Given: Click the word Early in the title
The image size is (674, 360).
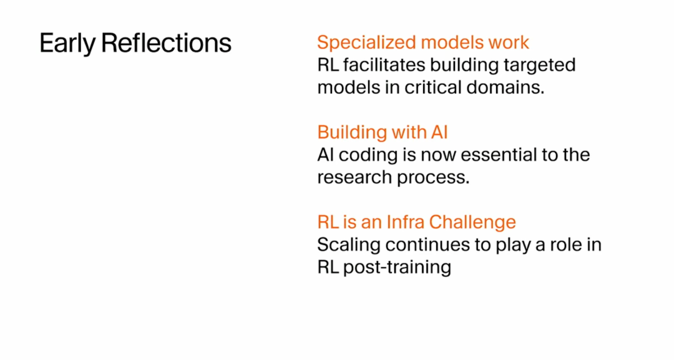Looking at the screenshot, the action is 67,44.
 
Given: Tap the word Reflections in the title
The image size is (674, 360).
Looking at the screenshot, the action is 167,43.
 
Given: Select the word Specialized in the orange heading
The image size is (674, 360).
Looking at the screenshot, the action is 367,43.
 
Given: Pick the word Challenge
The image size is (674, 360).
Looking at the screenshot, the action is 472,223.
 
